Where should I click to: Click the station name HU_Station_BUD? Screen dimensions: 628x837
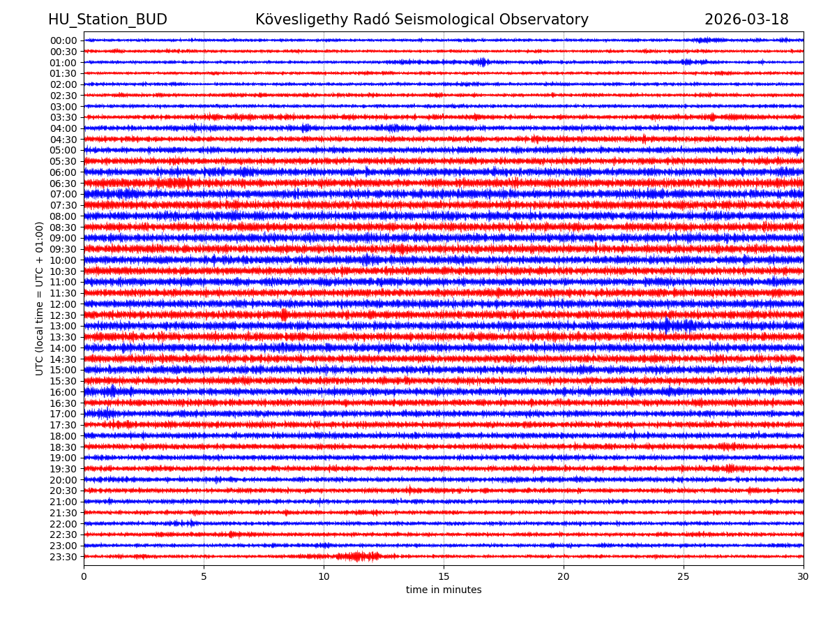point(107,20)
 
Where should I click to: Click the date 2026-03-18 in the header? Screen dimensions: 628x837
point(746,20)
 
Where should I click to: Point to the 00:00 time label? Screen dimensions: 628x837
point(63,40)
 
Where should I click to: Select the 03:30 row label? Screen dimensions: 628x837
point(63,117)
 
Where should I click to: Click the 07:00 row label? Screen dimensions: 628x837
point(63,194)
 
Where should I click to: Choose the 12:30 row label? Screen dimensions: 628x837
point(63,315)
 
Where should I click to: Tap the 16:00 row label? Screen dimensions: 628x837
point(63,392)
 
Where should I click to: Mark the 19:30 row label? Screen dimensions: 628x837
point(63,469)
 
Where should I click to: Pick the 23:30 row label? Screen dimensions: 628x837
point(63,557)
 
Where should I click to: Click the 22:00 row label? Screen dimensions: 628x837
point(63,524)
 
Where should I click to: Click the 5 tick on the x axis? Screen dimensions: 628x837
point(204,577)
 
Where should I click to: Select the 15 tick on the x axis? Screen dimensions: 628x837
point(444,577)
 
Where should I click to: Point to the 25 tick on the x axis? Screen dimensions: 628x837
point(684,577)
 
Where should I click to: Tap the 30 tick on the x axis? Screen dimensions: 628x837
point(804,577)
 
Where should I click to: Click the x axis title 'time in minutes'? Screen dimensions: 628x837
point(444,590)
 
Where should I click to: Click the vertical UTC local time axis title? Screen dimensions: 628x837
point(40,298)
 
